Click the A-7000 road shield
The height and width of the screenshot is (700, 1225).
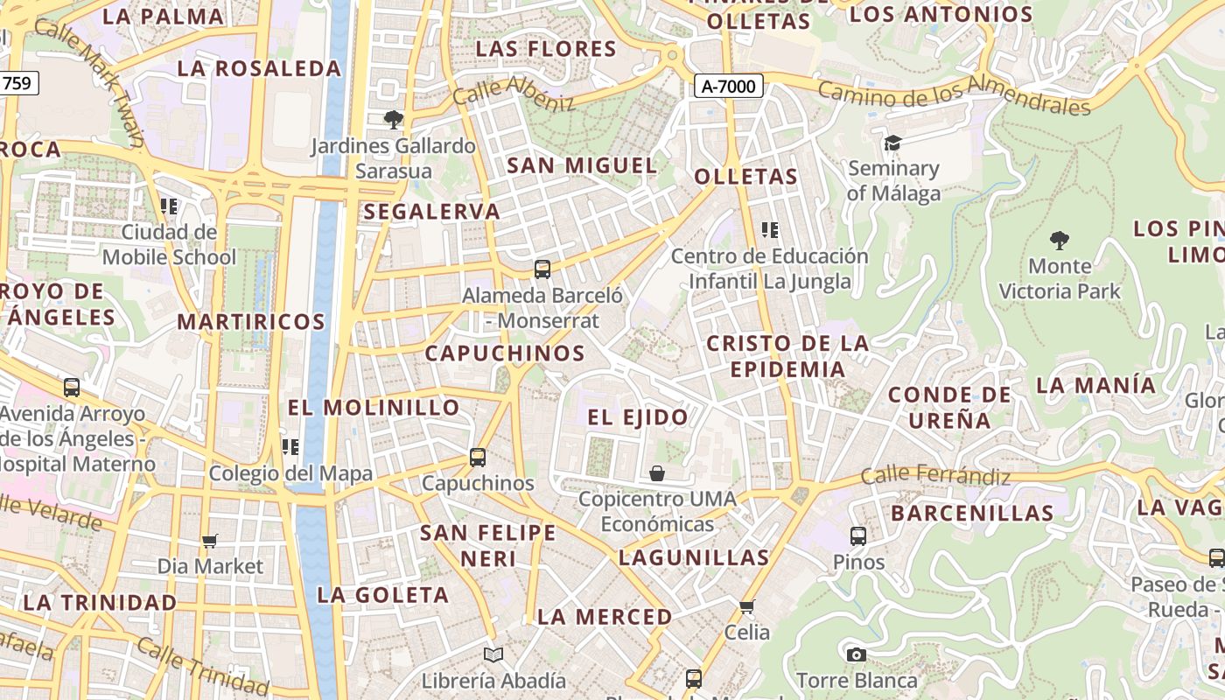click(729, 86)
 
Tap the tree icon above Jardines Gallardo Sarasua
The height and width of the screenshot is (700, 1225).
click(394, 119)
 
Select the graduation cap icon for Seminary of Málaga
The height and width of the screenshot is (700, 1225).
click(892, 143)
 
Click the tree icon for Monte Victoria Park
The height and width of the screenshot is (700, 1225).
click(1060, 240)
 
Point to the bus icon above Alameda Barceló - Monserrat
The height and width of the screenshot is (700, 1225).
click(542, 269)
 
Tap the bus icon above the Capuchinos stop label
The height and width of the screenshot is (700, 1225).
click(478, 457)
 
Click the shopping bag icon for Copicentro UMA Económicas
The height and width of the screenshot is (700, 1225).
click(657, 473)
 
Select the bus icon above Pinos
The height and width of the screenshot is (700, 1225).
click(858, 535)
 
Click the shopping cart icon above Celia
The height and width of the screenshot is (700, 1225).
click(746, 606)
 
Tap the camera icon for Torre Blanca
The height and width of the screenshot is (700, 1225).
click(857, 654)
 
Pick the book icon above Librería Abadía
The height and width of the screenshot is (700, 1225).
click(493, 654)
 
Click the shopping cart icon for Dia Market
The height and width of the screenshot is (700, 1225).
click(209, 541)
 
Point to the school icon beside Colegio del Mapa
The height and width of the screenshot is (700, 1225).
click(290, 447)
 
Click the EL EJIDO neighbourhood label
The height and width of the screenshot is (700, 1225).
click(638, 417)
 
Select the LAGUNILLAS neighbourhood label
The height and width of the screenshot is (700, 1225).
click(694, 557)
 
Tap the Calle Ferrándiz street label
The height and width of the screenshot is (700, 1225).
click(935, 477)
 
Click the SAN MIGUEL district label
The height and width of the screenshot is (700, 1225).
click(582, 165)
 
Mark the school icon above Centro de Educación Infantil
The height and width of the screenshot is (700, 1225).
click(770, 230)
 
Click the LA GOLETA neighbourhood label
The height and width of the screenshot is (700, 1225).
click(383, 595)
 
